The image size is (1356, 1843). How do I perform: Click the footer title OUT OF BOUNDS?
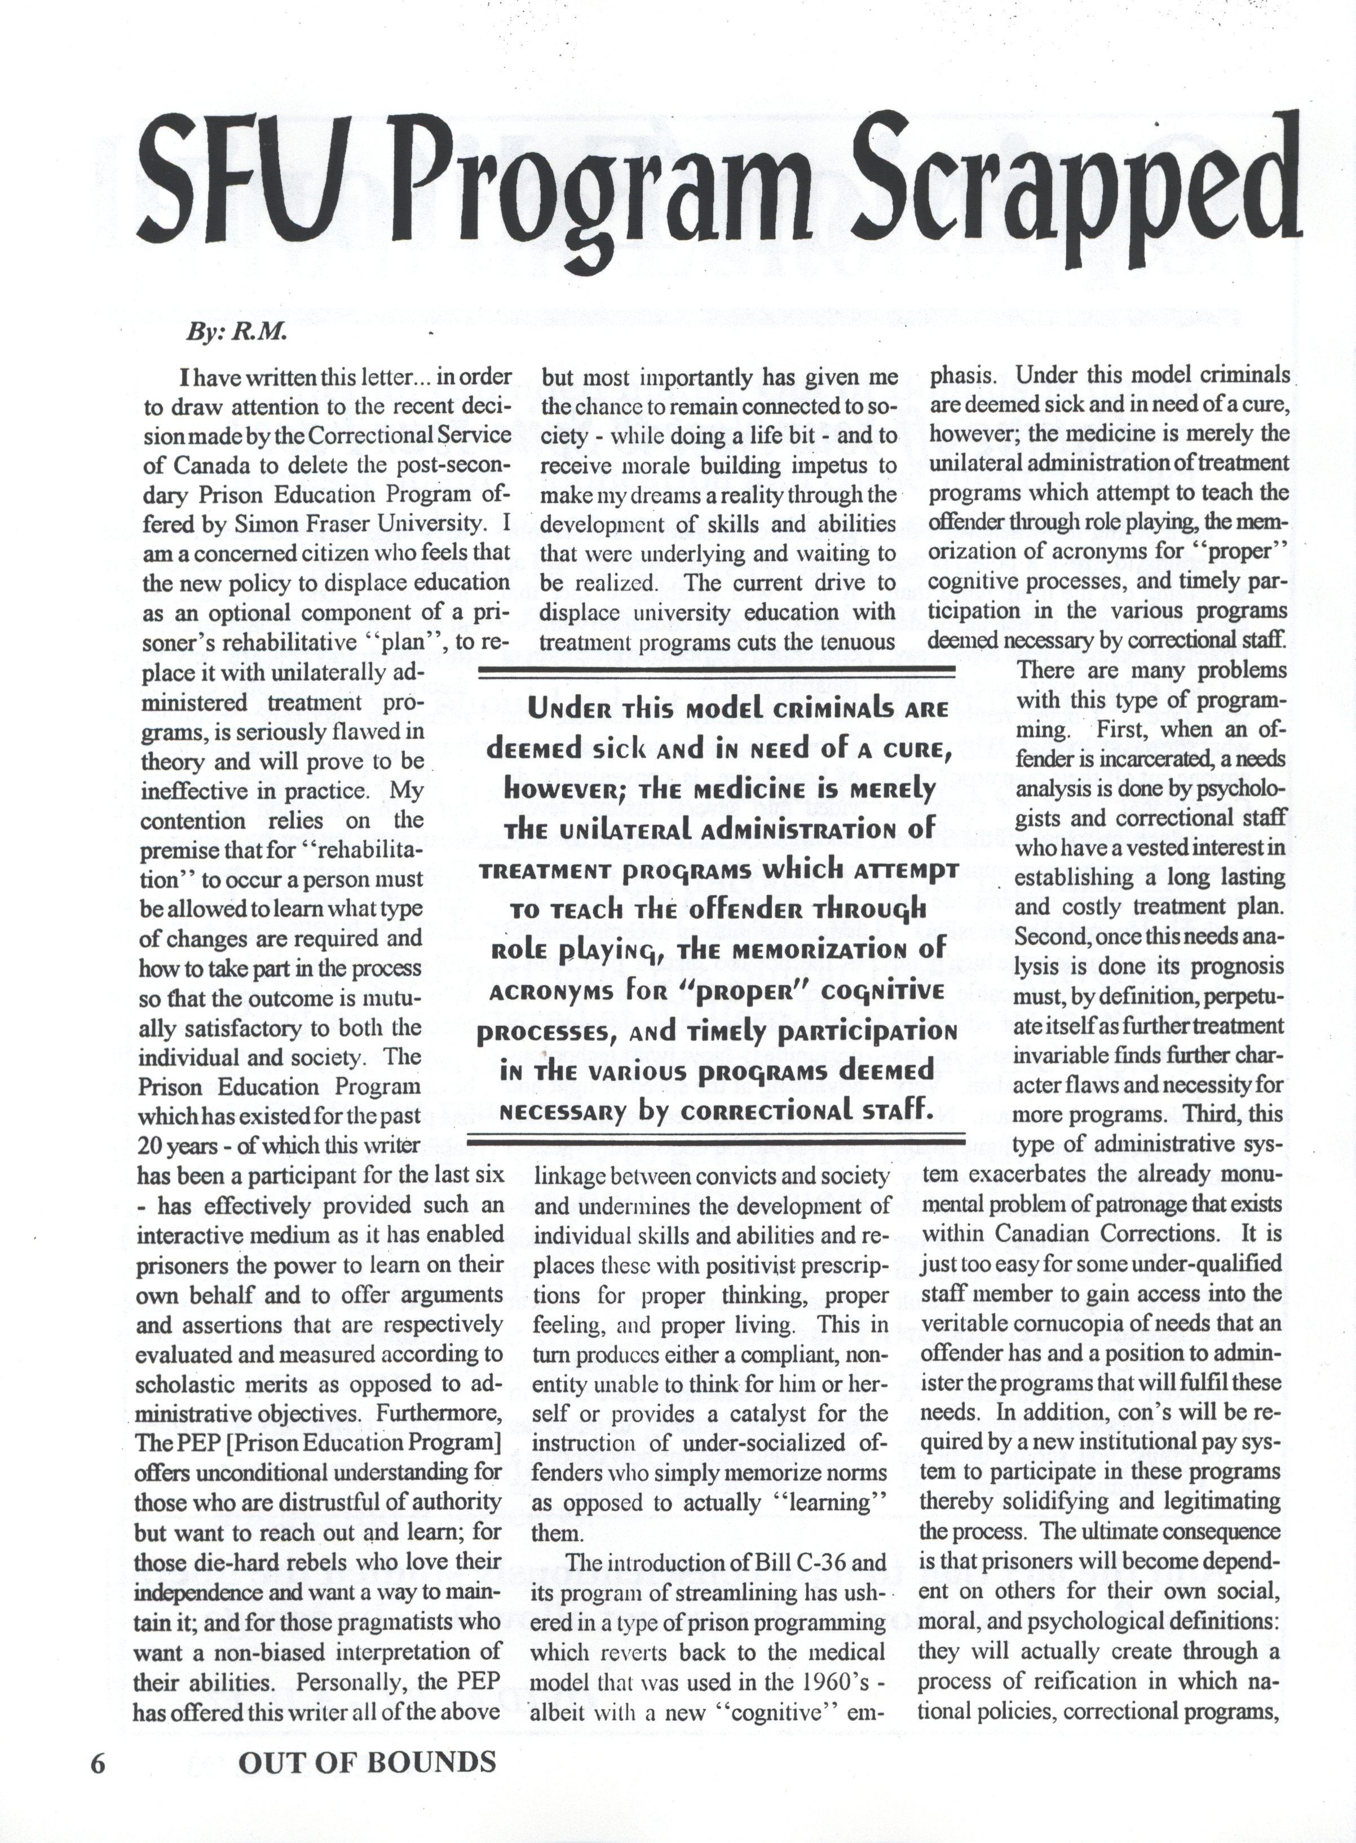pos(367,1762)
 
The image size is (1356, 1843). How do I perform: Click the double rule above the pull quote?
pos(714,675)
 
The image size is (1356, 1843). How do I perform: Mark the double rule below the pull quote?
pos(714,1139)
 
